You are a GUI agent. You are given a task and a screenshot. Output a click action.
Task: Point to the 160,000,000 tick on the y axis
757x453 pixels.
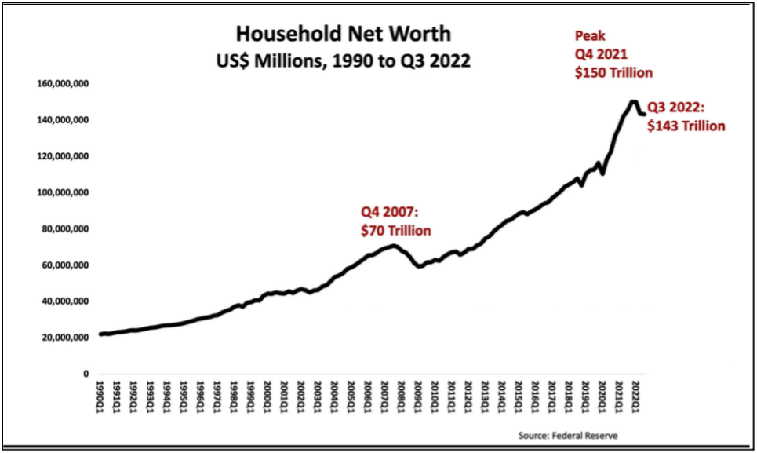62,84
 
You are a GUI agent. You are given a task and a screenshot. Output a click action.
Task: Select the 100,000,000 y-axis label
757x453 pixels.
62,193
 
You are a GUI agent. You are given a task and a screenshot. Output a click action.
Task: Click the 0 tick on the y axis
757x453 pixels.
86,374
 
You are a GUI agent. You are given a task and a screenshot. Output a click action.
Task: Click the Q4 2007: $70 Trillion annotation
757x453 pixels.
395,221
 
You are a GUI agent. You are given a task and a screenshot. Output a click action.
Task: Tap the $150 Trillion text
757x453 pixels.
612,72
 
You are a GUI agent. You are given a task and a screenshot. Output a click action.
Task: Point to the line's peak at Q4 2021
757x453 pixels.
632,101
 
